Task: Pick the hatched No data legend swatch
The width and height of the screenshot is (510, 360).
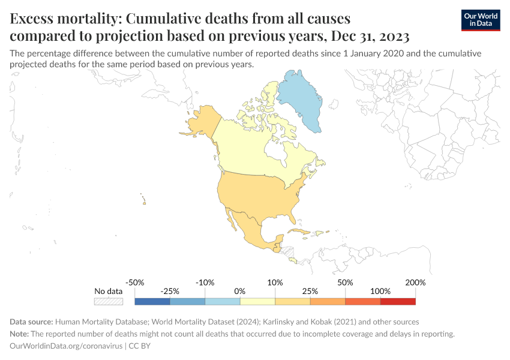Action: [x=109, y=301]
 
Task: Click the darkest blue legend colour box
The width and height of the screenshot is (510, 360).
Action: [x=152, y=301]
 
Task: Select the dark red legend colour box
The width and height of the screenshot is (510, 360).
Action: [x=398, y=301]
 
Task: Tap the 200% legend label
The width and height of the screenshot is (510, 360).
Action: [x=415, y=282]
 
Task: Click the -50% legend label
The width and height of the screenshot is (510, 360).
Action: [x=135, y=282]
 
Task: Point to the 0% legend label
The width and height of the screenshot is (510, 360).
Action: [x=240, y=291]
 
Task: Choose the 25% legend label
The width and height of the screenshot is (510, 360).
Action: [x=310, y=291]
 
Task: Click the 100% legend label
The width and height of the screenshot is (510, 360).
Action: [x=380, y=291]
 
